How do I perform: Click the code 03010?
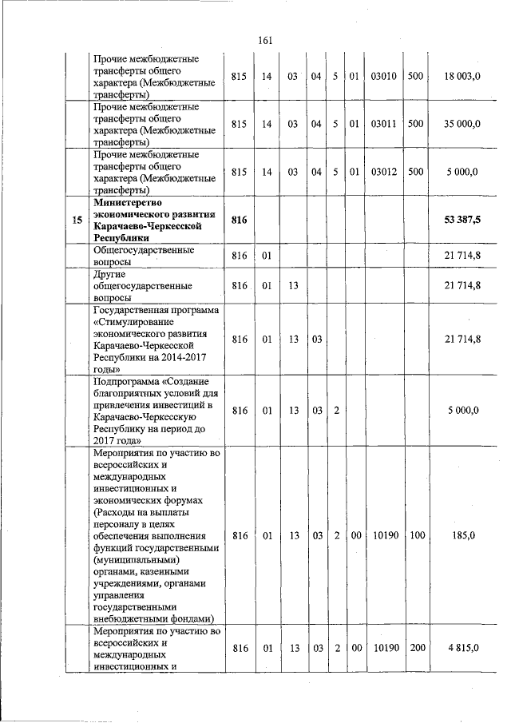tap(384, 77)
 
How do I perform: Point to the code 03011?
tap(384, 125)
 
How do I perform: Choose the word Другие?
tap(109, 274)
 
